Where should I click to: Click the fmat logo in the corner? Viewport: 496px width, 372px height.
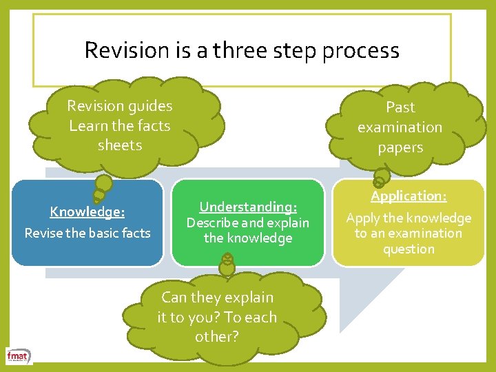(17, 355)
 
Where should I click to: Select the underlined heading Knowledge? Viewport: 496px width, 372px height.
(87, 211)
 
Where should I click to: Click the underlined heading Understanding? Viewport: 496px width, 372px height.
(248, 207)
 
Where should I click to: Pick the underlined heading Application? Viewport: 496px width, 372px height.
(409, 196)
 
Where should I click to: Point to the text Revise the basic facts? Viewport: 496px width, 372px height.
(87, 233)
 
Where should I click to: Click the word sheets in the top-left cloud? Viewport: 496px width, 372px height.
(120, 145)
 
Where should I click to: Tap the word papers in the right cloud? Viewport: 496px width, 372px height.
(400, 147)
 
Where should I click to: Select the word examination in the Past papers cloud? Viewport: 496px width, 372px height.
(400, 127)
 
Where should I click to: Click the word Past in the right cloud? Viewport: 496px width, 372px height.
(400, 107)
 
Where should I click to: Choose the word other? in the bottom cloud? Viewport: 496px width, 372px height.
(216, 337)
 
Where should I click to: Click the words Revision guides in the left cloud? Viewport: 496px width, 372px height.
(120, 106)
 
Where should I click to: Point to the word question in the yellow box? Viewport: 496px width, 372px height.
(409, 249)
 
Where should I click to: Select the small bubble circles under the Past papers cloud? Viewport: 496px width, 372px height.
(380, 180)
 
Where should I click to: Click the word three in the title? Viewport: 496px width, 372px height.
(240, 50)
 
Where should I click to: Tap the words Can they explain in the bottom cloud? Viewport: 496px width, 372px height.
(217, 298)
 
